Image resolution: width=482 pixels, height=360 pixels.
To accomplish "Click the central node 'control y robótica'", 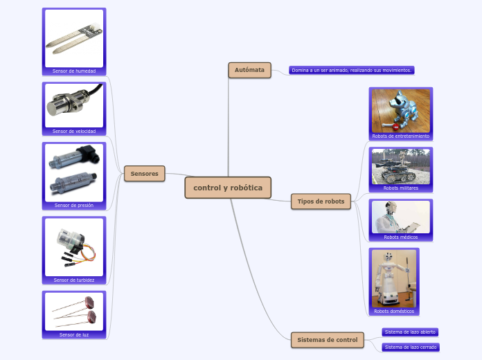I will click(228, 188).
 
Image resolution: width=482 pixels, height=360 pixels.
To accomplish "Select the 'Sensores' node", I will click(144, 174).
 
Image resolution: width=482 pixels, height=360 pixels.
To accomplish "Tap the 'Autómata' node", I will click(249, 70).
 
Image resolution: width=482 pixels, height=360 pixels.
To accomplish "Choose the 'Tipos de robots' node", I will click(321, 201).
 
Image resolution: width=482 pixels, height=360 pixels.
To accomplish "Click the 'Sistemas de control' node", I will click(327, 340).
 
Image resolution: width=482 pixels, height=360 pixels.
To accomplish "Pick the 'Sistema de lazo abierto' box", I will click(410, 332).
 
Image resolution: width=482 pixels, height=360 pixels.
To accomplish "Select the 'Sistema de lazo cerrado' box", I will click(410, 347).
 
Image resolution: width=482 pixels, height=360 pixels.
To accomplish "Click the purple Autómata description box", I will click(352, 70).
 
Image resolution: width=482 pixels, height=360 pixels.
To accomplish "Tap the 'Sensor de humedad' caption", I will click(74, 71).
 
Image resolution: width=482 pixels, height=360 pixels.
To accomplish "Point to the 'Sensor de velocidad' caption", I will click(74, 131).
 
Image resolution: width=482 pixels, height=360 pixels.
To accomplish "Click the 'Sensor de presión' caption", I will click(74, 206).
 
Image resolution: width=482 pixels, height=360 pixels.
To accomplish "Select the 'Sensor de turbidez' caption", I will click(74, 280).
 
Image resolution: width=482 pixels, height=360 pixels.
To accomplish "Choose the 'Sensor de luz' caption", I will click(74, 334).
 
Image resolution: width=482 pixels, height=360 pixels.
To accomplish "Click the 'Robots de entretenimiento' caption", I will click(401, 136).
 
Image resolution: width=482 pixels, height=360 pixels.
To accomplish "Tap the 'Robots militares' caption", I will click(401, 188).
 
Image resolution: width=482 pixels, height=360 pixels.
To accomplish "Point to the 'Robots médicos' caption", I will click(401, 237).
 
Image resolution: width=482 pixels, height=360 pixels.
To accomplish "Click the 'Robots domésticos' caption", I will click(394, 312).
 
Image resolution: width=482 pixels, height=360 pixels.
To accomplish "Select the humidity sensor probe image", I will click(73, 37).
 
